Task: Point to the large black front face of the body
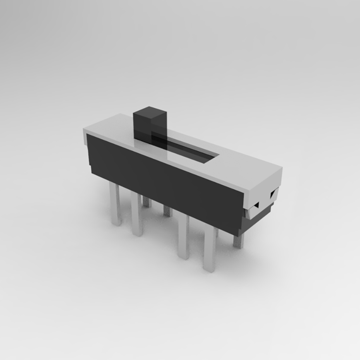164,180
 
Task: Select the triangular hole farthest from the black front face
273,194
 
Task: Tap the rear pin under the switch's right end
238,240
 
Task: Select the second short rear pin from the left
168,210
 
